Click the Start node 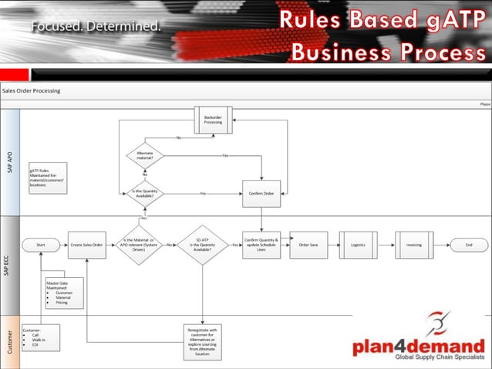coord(41,245)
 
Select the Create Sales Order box coord(86,245)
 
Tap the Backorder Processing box coord(213,120)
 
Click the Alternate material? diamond coord(144,156)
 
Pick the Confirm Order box coord(261,193)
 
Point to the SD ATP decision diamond coord(203,245)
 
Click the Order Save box coord(308,245)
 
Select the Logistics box coord(357,245)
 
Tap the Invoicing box coord(414,245)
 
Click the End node coord(467,245)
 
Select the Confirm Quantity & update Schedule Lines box coord(261,245)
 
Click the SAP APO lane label coord(10,163)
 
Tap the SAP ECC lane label coord(10,265)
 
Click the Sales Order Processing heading coord(32,90)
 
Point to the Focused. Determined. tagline coord(96,26)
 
